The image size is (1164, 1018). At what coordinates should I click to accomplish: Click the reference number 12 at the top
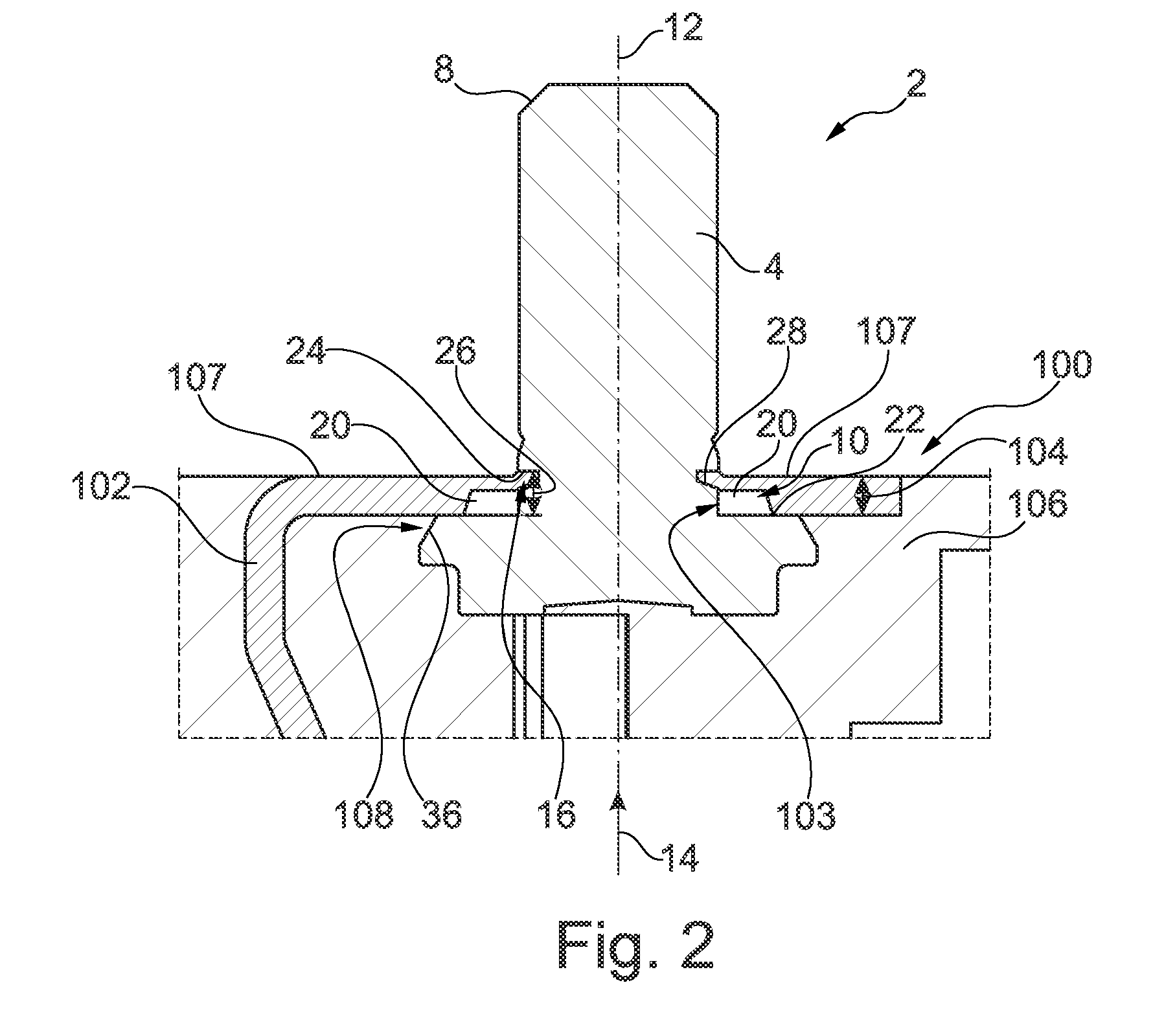681,28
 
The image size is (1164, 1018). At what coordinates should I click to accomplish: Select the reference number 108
364,814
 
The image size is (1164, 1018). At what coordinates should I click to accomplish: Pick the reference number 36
442,814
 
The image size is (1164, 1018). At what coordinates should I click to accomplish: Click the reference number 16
557,814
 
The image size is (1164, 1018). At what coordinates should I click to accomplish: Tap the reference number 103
806,814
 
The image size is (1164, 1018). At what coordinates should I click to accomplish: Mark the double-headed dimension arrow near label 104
862,497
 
